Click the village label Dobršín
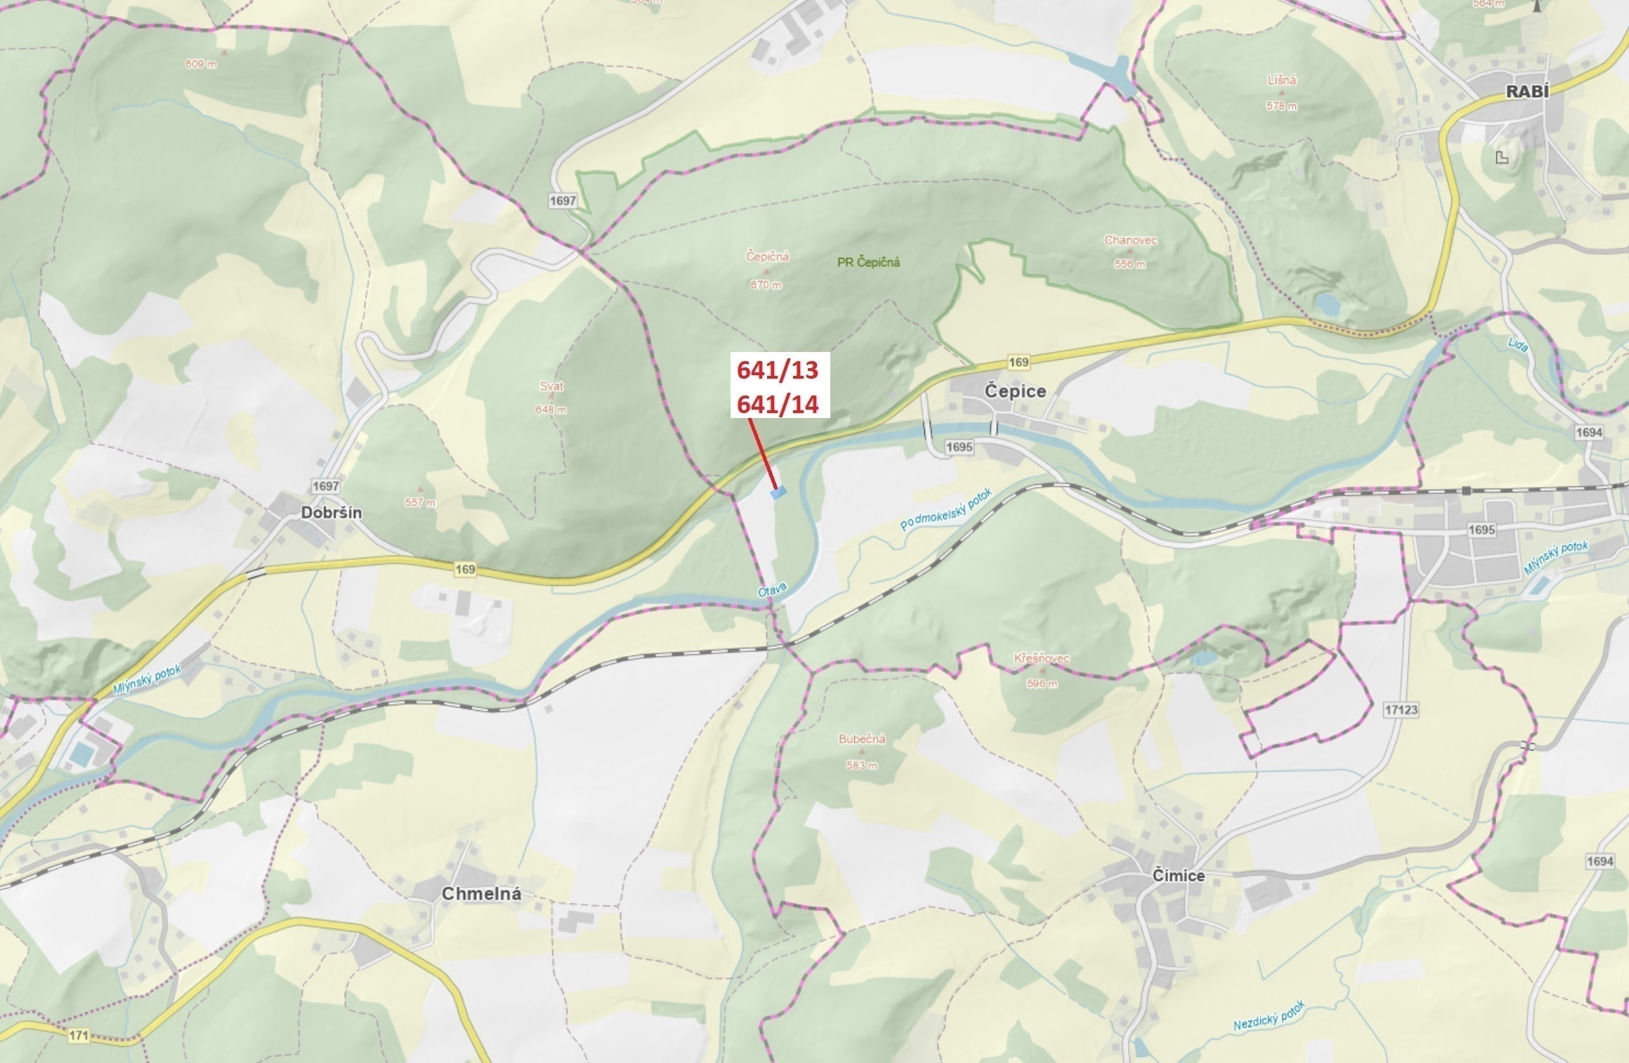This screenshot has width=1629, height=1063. click(x=332, y=513)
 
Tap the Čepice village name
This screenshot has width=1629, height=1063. click(x=1015, y=391)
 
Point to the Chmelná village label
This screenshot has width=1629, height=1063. click(x=481, y=894)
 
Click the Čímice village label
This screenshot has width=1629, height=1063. click(x=1179, y=875)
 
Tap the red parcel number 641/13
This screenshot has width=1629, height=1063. click(x=778, y=370)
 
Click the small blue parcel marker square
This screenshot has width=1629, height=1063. click(x=778, y=493)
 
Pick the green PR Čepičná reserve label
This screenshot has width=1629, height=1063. click(x=868, y=262)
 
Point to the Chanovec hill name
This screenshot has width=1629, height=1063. click(x=1130, y=240)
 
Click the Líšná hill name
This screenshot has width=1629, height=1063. click(x=1282, y=80)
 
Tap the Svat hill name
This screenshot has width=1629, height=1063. click(x=551, y=386)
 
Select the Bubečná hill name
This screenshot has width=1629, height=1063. click(x=862, y=739)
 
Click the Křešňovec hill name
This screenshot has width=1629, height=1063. click(x=1041, y=658)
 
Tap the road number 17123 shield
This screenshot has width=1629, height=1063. click(x=1401, y=710)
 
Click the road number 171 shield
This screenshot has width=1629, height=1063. click(x=79, y=1035)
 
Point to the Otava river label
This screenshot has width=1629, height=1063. click(x=773, y=592)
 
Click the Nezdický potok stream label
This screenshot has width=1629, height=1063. click(x=1269, y=1016)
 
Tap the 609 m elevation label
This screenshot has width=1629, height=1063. click(x=201, y=65)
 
